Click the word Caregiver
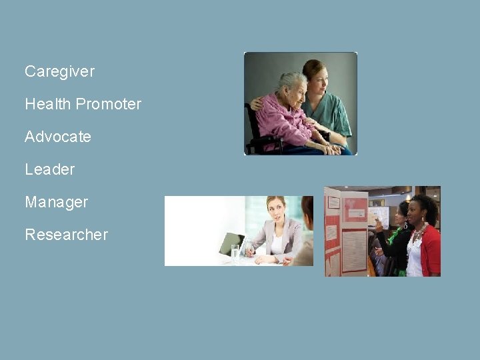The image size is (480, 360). click(x=59, y=71)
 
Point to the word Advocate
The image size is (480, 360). click(x=58, y=137)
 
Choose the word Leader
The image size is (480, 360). click(x=49, y=169)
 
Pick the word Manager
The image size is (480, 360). click(x=56, y=202)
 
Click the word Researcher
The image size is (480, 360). click(x=66, y=235)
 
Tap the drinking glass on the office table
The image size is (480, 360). click(x=235, y=251)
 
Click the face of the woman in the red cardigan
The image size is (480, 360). click(x=419, y=213)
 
